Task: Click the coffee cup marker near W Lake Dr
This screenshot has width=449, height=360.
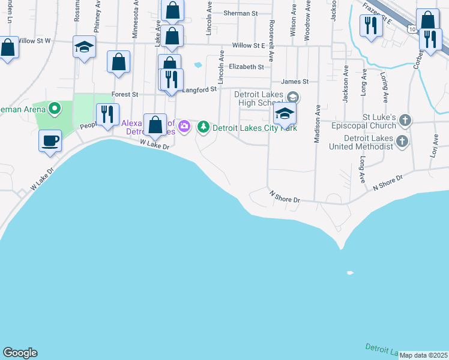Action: click(x=50, y=140)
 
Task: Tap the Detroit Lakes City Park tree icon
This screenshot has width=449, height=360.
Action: click(x=204, y=127)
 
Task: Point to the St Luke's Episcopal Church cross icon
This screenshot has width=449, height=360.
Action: click(x=405, y=121)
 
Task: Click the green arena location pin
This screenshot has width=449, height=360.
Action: click(x=55, y=109)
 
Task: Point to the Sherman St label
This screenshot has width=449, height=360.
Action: click(x=240, y=13)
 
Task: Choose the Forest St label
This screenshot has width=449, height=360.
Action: click(x=125, y=94)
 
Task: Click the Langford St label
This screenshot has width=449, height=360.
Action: click(x=199, y=89)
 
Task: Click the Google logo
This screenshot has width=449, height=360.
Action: click(x=20, y=353)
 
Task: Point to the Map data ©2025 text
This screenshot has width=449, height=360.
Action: click(x=423, y=355)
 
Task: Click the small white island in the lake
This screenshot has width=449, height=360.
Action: click(x=350, y=273)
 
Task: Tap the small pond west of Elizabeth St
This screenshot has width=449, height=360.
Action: click(x=197, y=65)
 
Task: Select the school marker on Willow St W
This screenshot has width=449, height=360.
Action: click(x=84, y=46)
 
